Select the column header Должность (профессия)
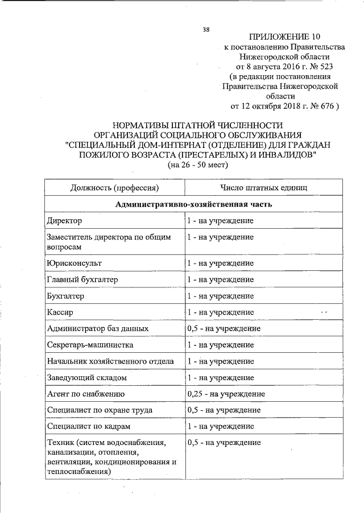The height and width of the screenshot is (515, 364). click(114, 187)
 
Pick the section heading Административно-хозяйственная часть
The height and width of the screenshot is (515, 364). click(194, 204)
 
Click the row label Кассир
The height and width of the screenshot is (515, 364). click(60, 312)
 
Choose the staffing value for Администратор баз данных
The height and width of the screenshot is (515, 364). click(224, 328)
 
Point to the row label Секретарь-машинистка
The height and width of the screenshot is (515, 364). click(82, 345)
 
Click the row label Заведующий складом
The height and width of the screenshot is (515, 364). click(86, 377)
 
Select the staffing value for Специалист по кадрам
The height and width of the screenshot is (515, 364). click(220, 426)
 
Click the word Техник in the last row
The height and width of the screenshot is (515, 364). click(60, 443)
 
